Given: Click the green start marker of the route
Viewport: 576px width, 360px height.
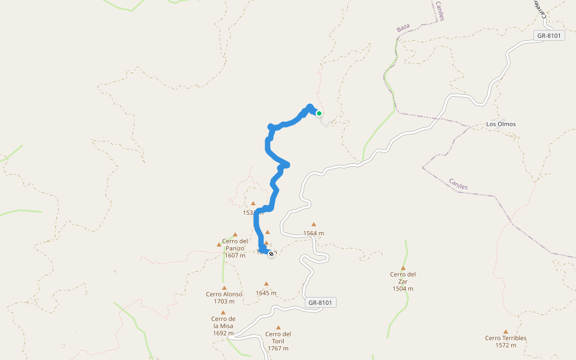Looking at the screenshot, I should pos(319,113).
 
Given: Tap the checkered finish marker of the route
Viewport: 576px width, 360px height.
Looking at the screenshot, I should pos(271,254).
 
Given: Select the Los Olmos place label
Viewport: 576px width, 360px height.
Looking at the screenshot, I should pos(501,124).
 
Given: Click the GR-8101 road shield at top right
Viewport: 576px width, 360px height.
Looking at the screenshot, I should pos(549,36).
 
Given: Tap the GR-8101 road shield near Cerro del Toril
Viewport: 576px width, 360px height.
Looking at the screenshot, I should pos(320,303).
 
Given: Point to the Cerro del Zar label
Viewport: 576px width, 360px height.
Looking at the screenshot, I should pos(403,278).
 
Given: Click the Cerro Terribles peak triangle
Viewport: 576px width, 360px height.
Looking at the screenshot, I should pos(506,331).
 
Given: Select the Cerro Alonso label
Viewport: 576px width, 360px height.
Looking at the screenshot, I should pos(224,294).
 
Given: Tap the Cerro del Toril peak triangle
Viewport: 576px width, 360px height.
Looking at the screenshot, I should pos(278,327).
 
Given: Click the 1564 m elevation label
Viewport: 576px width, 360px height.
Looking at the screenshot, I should pos(313,233).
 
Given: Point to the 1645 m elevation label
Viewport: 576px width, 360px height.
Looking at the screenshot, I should pos(266,293).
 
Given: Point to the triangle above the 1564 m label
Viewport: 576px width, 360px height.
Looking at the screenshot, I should pos(313,224).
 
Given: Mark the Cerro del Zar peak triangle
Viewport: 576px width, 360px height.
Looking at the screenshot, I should pos(403,268).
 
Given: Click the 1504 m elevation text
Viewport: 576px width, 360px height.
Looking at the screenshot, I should pos(403,289).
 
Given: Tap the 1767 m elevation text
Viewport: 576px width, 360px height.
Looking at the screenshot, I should pos(278,348).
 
